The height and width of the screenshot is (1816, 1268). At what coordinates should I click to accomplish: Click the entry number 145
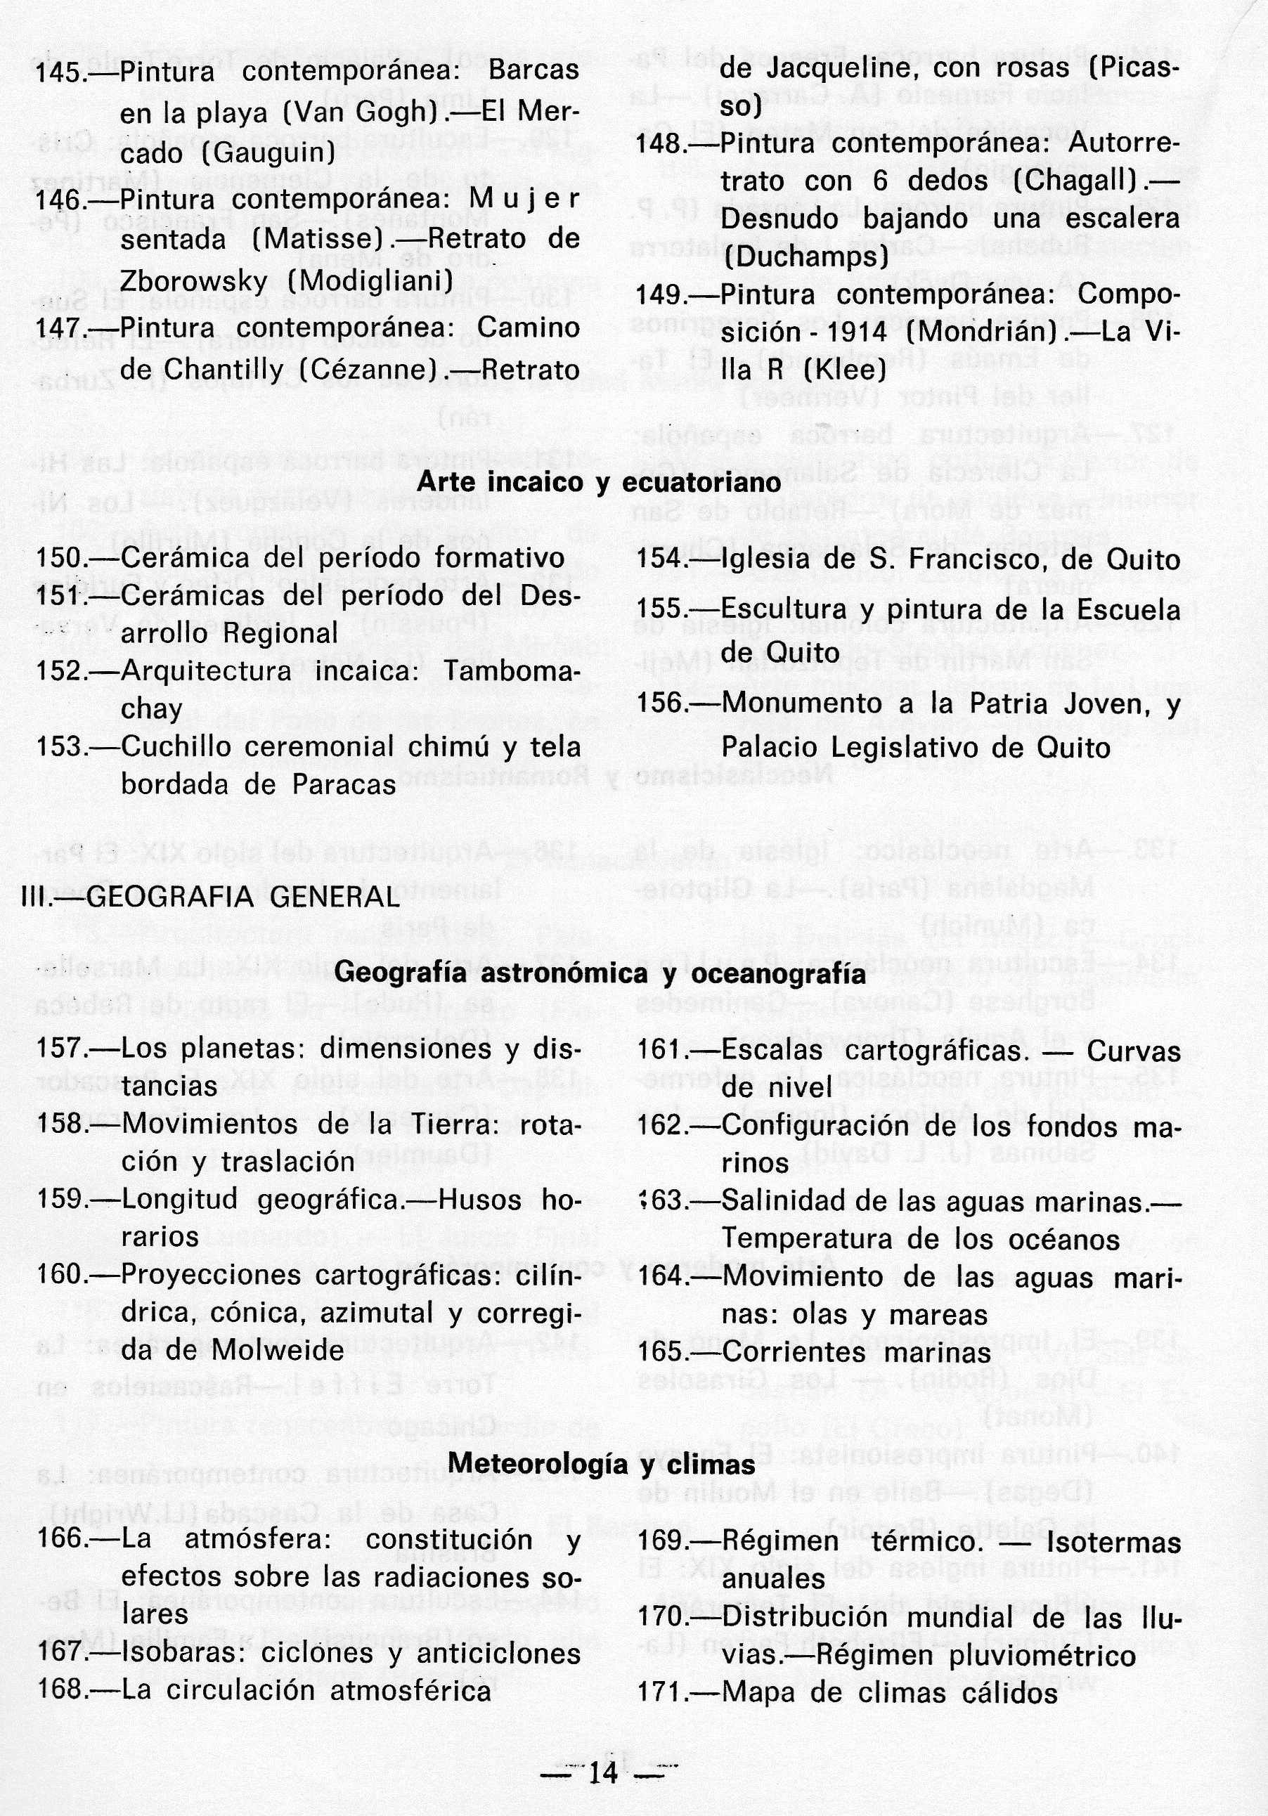coord(58,74)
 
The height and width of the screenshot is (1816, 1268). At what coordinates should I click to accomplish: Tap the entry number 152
coord(58,671)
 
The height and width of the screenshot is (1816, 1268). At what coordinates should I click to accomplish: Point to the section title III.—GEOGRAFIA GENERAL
coord(210,897)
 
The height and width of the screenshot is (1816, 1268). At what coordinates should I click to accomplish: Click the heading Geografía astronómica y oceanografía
coord(600,973)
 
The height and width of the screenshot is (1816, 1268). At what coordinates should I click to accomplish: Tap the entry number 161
coord(660,1051)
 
